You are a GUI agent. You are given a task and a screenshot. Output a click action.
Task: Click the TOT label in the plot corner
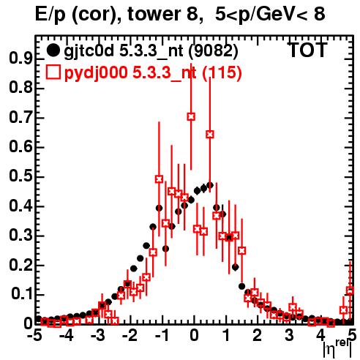click(x=307, y=50)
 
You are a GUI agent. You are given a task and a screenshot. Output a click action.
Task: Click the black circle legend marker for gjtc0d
click(x=53, y=50)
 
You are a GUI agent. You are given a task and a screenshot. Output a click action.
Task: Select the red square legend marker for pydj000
click(x=53, y=72)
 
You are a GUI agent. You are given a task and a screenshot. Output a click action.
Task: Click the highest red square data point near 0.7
click(x=191, y=116)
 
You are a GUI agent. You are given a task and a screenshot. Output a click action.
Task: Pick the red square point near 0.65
click(x=210, y=135)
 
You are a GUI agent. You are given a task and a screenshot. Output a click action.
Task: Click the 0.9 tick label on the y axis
click(x=20, y=59)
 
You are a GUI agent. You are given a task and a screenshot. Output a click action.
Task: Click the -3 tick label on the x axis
click(x=97, y=335)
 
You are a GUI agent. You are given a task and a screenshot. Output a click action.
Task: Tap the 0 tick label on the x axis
click(x=194, y=335)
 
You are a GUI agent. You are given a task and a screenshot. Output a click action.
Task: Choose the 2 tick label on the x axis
click(x=257, y=335)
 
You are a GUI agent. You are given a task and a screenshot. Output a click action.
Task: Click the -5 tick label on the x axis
click(x=34, y=335)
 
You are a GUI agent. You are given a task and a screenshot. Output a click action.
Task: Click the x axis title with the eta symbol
click(x=337, y=348)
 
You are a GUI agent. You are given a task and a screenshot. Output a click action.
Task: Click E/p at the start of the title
click(x=50, y=15)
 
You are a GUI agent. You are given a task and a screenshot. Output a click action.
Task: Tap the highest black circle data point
click(x=210, y=186)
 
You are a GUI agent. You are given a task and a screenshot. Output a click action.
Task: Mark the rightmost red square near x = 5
click(x=350, y=290)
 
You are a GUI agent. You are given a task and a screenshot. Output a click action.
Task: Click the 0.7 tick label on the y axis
click(x=20, y=117)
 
